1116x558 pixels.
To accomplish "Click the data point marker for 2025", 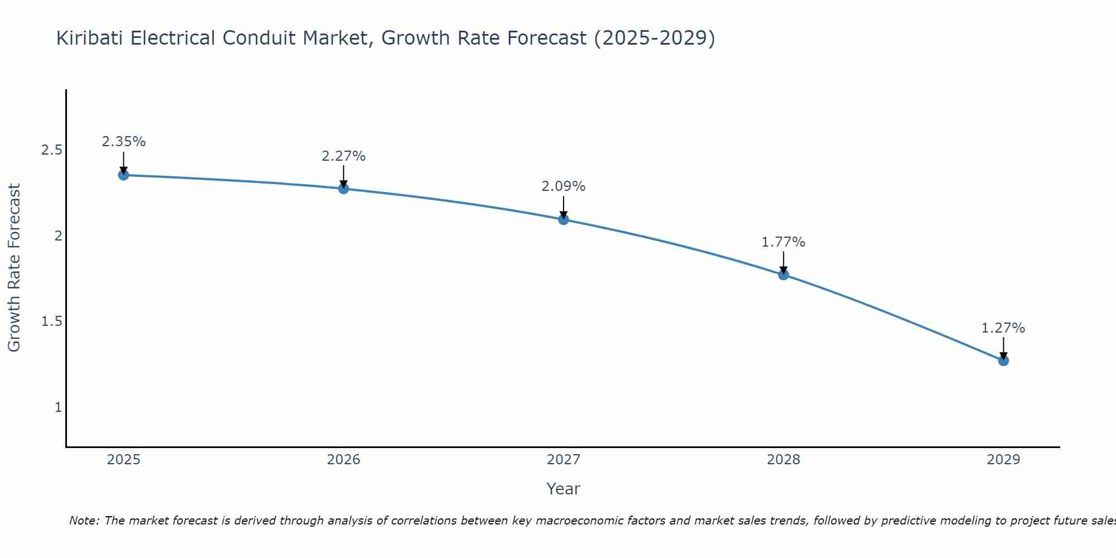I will click(x=123, y=175).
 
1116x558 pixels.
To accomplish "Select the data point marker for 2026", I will click(x=344, y=189).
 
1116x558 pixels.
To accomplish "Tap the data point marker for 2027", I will click(x=564, y=219).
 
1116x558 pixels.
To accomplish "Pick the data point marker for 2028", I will click(x=783, y=275).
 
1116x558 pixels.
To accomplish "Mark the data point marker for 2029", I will click(x=1003, y=360).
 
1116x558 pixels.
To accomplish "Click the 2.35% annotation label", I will click(x=123, y=142).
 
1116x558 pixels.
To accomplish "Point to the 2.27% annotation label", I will click(x=344, y=156).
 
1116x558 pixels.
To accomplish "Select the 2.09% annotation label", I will click(x=564, y=186).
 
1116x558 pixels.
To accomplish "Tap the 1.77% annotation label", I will click(x=783, y=242).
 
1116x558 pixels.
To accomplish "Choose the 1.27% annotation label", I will click(x=1003, y=328).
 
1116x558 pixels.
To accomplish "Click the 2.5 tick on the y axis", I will click(x=51, y=150).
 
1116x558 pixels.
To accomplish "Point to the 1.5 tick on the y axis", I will click(x=51, y=321).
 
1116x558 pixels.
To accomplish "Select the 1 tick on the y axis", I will click(x=58, y=407).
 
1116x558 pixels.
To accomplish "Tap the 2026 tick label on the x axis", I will click(x=344, y=460).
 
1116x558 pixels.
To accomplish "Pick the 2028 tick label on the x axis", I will click(x=783, y=460).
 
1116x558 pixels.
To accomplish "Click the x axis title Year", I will click(x=564, y=489).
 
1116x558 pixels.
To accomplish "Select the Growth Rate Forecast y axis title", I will click(x=15, y=268).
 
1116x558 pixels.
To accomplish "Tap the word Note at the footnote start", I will click(x=84, y=521).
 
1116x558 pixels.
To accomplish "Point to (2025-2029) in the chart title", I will click(x=654, y=39).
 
